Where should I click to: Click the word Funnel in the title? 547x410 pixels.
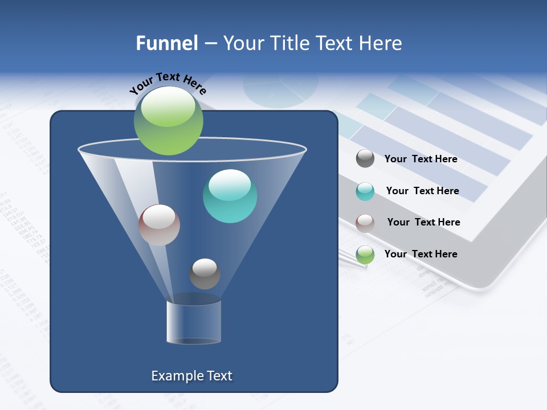click(166, 43)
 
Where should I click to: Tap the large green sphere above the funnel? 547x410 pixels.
click(168, 120)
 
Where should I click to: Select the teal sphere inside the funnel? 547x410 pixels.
click(230, 196)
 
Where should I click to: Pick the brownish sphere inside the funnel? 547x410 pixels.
click(159, 225)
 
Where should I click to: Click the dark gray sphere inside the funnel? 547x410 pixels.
click(205, 274)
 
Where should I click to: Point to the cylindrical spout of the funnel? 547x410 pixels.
click(194, 322)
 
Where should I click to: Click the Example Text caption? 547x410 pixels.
click(191, 376)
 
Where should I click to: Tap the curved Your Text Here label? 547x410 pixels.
click(168, 83)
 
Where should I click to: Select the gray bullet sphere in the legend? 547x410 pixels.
click(365, 158)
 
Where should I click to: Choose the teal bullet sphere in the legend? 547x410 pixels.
click(365, 191)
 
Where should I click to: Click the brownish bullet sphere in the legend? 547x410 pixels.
click(365, 223)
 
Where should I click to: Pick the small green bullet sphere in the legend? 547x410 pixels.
click(365, 255)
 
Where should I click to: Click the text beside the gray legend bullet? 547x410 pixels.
click(421, 159)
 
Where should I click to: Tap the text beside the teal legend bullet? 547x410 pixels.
click(422, 191)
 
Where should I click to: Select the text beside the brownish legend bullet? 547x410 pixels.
click(423, 222)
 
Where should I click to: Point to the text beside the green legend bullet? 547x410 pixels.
click(421, 254)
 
